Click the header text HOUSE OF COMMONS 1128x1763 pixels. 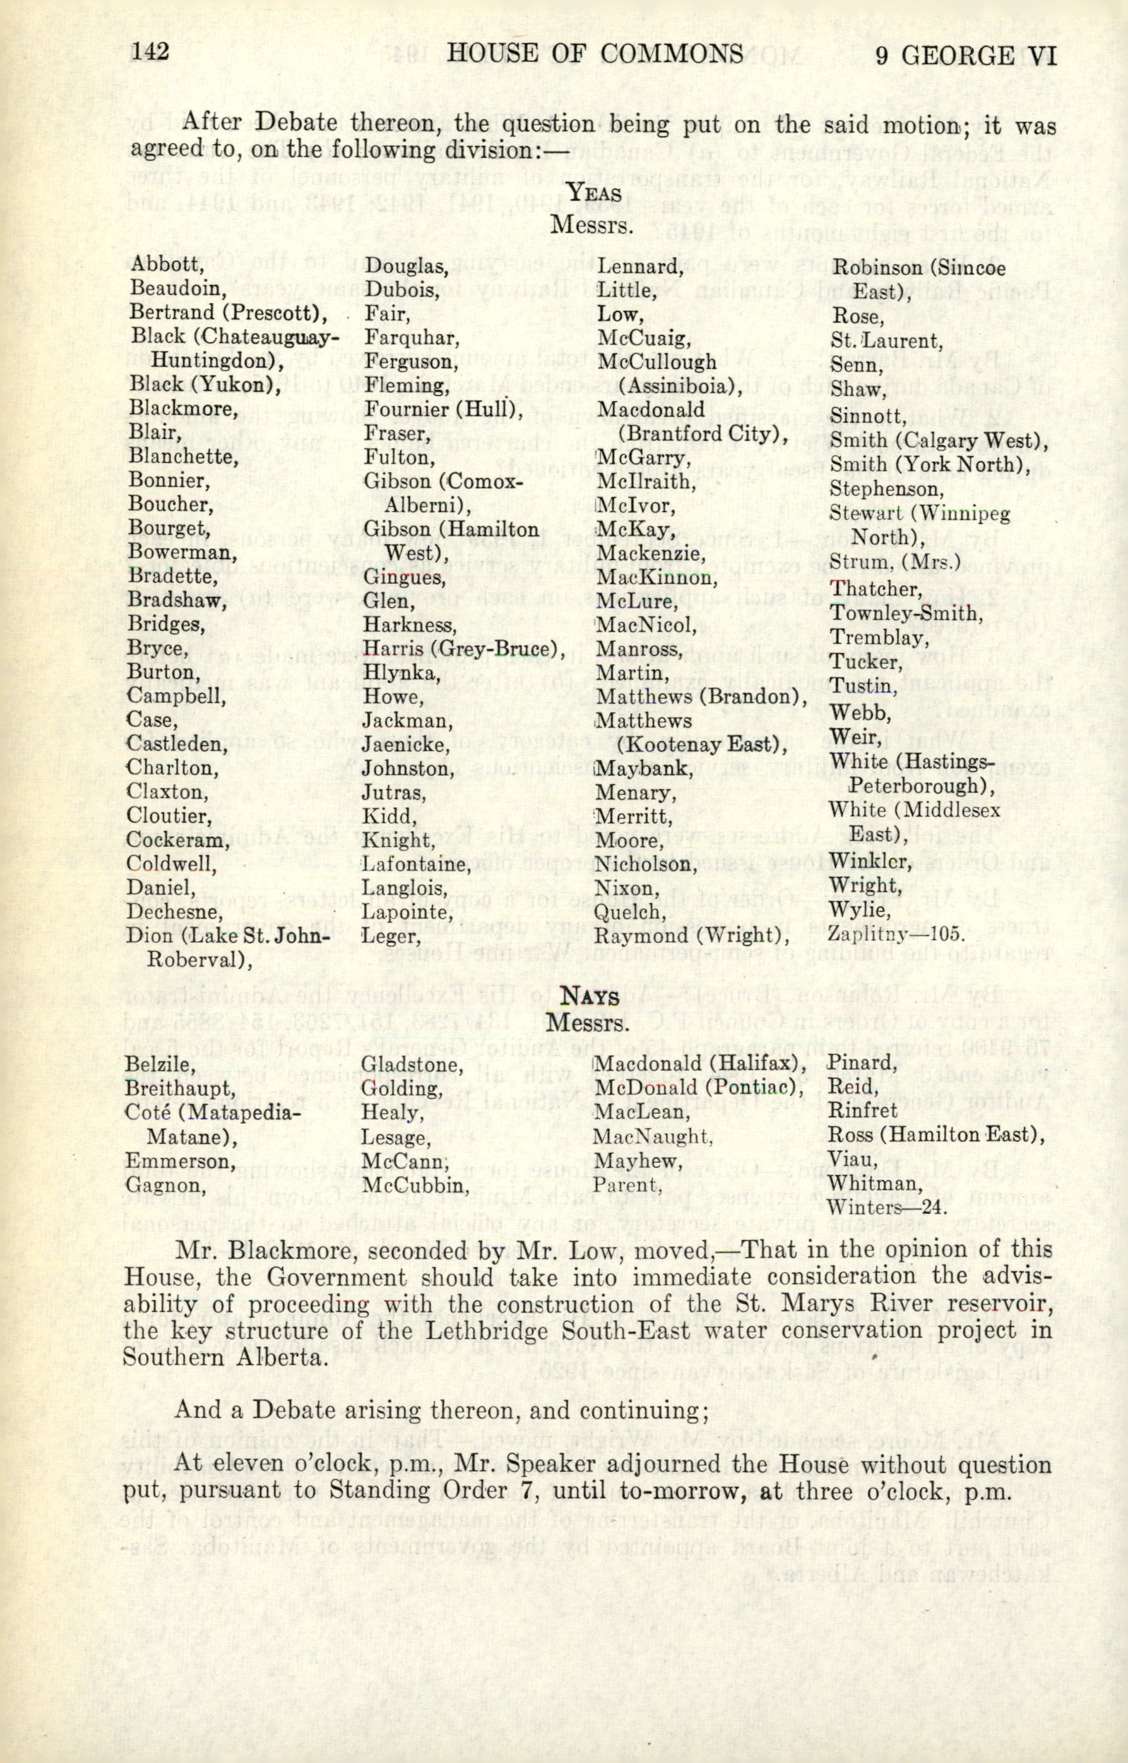click(595, 54)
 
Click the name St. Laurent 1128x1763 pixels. click(885, 340)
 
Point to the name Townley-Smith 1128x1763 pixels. click(903, 613)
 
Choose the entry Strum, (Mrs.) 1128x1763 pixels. click(894, 564)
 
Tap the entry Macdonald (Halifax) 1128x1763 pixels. click(702, 1063)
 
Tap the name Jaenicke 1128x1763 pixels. click(405, 745)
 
